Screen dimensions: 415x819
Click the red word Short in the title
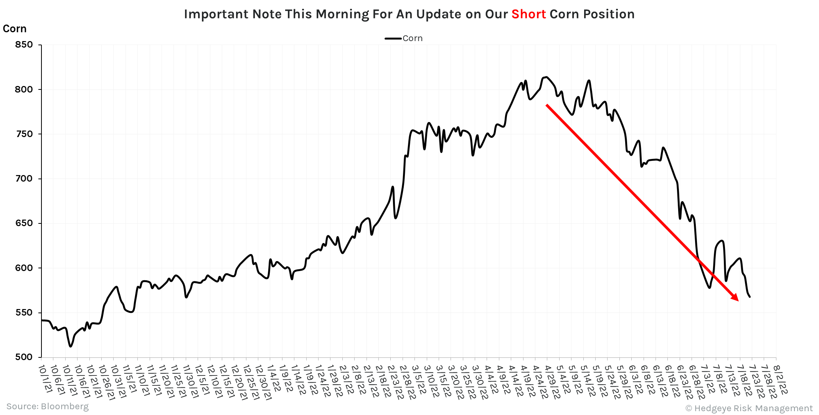click(x=528, y=14)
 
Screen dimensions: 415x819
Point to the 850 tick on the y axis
click(x=24, y=45)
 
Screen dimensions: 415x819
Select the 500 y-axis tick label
click(x=24, y=357)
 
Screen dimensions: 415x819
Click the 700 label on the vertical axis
click(x=24, y=179)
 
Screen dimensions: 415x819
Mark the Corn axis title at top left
click(x=15, y=29)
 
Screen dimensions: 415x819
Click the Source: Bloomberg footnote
click(x=47, y=406)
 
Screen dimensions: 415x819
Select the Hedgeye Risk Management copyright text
click(x=749, y=408)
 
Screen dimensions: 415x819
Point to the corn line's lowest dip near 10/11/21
click(x=70, y=347)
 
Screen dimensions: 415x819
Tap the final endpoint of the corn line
click(x=750, y=297)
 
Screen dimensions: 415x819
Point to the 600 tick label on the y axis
click(x=24, y=268)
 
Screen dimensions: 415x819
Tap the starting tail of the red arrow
click(x=547, y=105)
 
